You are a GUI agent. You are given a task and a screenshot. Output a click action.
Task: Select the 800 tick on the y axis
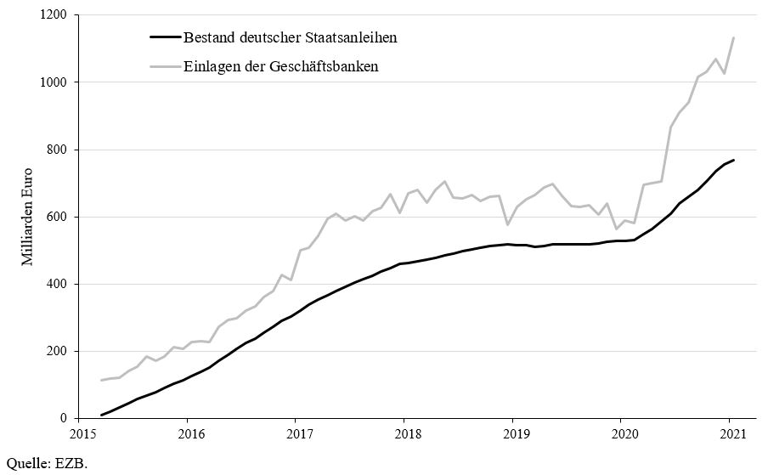coord(58,150)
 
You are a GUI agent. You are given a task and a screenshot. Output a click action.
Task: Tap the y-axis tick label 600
coord(58,217)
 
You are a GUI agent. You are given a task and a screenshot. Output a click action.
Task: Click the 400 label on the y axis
coord(58,284)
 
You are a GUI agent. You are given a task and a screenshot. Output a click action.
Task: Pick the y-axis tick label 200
coord(58,351)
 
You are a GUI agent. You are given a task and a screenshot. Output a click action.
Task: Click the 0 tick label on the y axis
coord(65,418)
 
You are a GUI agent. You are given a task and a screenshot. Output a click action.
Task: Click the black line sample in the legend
coord(166,37)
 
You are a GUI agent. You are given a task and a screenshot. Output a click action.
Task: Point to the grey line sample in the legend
coord(166,65)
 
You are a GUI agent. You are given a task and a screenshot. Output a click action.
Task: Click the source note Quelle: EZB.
coord(46,463)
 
